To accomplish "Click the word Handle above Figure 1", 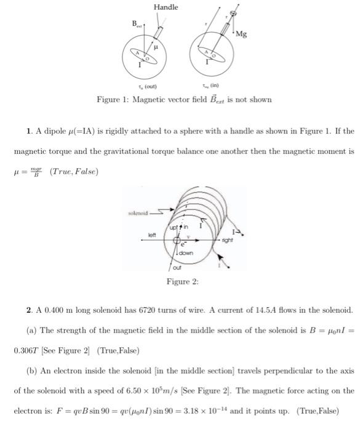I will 166,7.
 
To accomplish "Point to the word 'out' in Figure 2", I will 177,267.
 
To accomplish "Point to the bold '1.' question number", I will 30,131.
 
